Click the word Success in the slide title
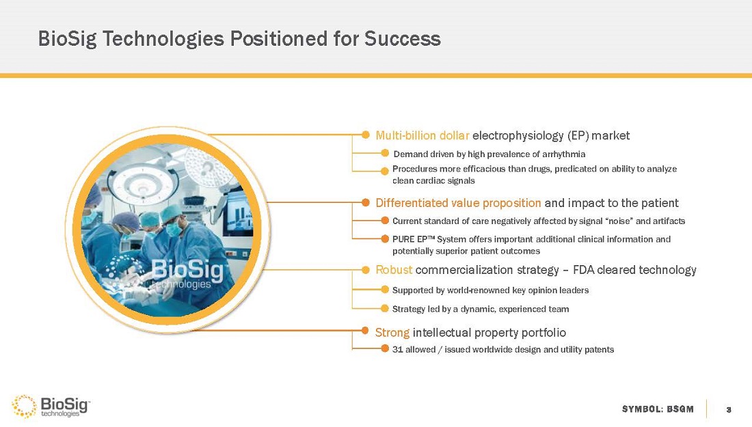tap(403, 38)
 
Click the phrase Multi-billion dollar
tap(422, 136)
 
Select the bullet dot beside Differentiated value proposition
tap(366, 202)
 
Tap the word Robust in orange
tap(394, 270)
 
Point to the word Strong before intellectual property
tap(392, 332)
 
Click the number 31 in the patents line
tap(397, 349)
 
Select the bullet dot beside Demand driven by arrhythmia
tap(385, 153)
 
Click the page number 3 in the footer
tap(729, 409)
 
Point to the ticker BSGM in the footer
tap(681, 409)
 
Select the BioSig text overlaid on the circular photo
tap(188, 271)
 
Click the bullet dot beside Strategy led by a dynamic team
tap(385, 308)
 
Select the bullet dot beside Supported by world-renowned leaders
tap(385, 289)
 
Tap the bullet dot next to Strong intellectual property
tap(365, 331)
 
